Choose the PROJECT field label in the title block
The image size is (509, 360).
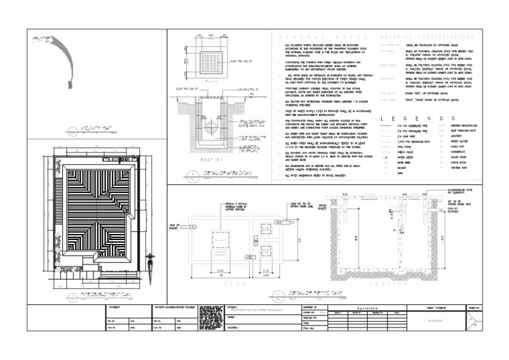click(x=233, y=308)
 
